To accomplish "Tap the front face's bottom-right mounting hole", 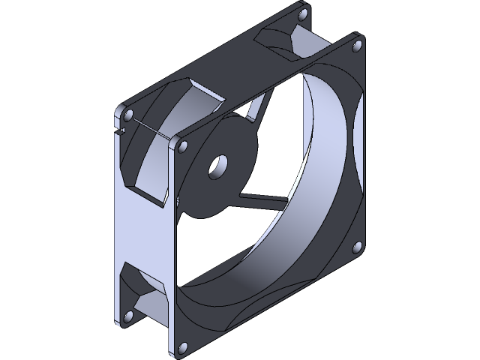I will pyautogui.click(x=357, y=246).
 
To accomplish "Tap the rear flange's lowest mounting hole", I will pyautogui.click(x=124, y=316).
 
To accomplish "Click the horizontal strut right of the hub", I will pyautogui.click(x=259, y=199).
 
